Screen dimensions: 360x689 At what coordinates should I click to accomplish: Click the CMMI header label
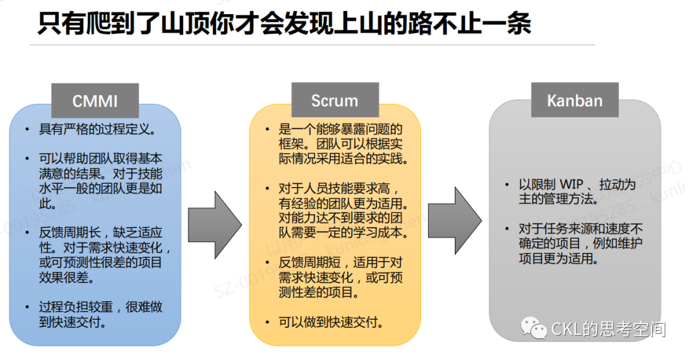[94, 101]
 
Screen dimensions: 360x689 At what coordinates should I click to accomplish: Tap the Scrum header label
[334, 101]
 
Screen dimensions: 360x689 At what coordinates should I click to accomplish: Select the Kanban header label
[574, 101]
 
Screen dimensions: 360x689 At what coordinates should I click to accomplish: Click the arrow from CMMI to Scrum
[215, 221]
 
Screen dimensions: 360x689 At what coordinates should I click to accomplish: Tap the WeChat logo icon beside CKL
[535, 329]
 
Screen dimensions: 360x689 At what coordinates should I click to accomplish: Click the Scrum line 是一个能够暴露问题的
[341, 130]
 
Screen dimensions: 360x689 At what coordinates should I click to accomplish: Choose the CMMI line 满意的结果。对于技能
[101, 174]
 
